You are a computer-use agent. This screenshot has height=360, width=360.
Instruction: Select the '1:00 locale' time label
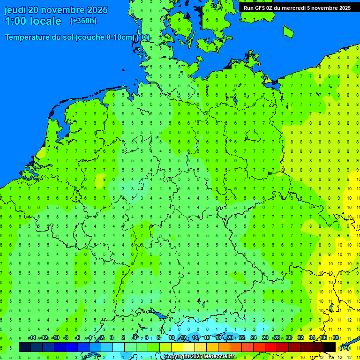pos(33,21)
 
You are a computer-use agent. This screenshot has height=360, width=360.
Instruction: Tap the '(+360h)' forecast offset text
pos(83,21)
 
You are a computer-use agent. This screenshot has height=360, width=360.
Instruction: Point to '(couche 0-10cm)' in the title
pos(105,37)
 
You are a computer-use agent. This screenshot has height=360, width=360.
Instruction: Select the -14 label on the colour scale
pos(32,338)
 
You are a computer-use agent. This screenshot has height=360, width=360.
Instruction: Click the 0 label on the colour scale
pos(112,338)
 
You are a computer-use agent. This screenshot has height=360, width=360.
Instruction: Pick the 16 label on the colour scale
pos(207,338)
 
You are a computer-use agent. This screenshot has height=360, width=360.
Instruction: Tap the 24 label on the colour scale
pos(254,338)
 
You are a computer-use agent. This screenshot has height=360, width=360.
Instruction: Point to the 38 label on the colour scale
pos(336,338)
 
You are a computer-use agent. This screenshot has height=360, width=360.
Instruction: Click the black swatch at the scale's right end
pos(330,347)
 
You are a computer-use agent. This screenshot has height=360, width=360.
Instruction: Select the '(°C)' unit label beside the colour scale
pos(345,348)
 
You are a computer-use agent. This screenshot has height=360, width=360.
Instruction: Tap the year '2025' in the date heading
pos(97,10)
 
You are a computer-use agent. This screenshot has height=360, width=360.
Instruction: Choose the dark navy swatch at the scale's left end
pos(25,347)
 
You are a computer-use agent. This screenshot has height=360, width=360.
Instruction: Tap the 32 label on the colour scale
pos(300,338)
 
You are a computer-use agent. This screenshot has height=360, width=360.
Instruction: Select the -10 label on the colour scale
pos(55,338)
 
